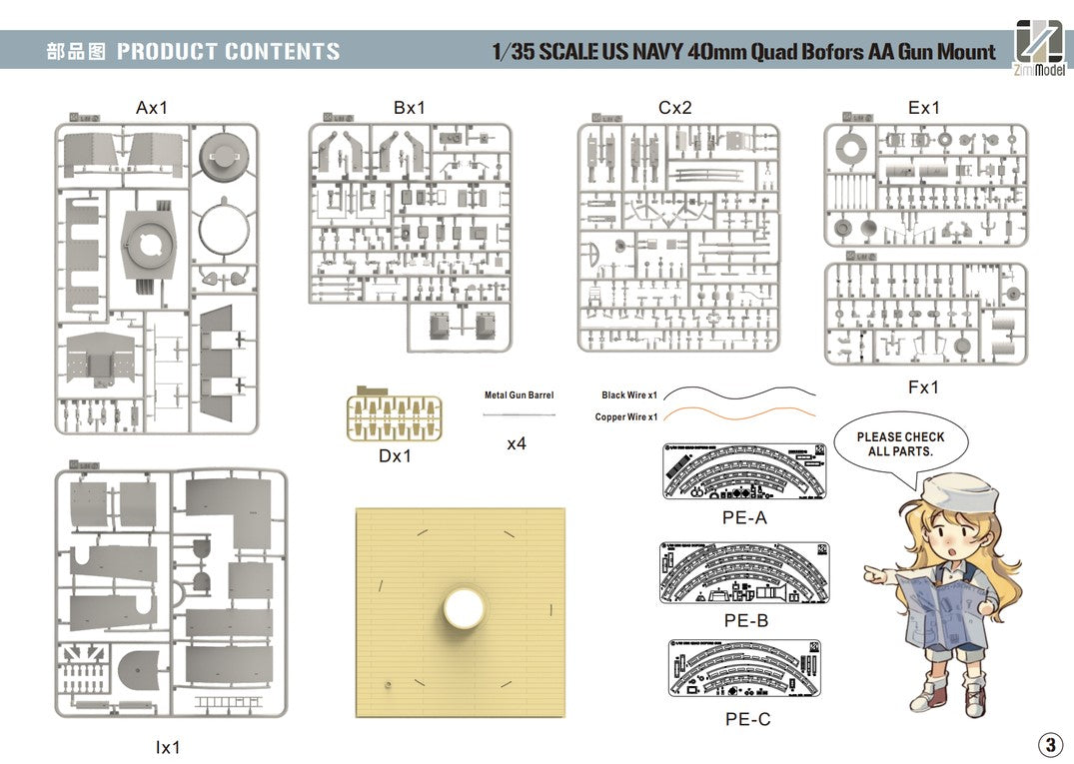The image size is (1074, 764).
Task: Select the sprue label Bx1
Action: [410, 108]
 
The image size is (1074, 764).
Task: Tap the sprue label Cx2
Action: [675, 108]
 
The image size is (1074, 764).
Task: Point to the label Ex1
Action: [924, 108]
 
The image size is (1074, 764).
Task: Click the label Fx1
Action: [924, 386]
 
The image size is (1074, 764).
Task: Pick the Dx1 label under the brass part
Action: [395, 456]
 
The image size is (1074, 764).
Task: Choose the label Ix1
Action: [168, 746]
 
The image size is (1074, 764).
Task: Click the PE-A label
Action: [745, 518]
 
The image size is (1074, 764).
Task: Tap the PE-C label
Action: [746, 718]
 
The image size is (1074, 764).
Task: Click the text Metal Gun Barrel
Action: [519, 395]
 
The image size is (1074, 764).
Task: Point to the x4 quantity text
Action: [516, 443]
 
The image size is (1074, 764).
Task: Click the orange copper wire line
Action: [739, 411]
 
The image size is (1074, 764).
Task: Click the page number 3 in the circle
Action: [1050, 744]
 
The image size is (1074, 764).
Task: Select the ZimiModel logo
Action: [1040, 48]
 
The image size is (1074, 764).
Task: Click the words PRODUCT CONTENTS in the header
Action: [228, 52]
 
